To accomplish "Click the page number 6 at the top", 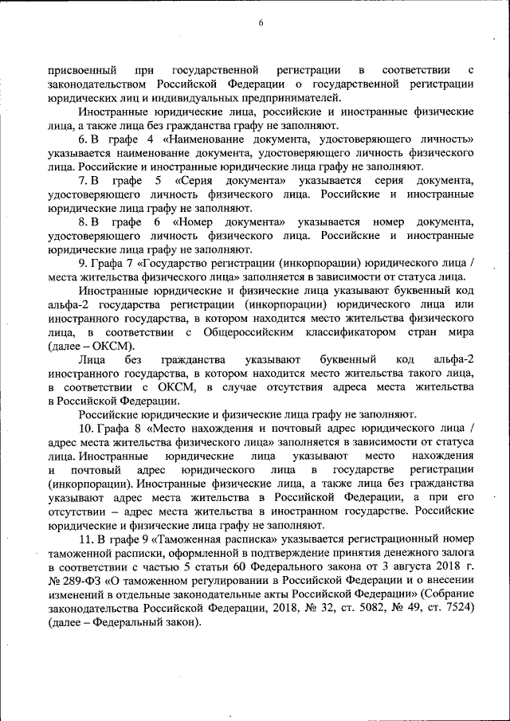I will (261, 22).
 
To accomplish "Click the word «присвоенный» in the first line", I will (83, 70).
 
